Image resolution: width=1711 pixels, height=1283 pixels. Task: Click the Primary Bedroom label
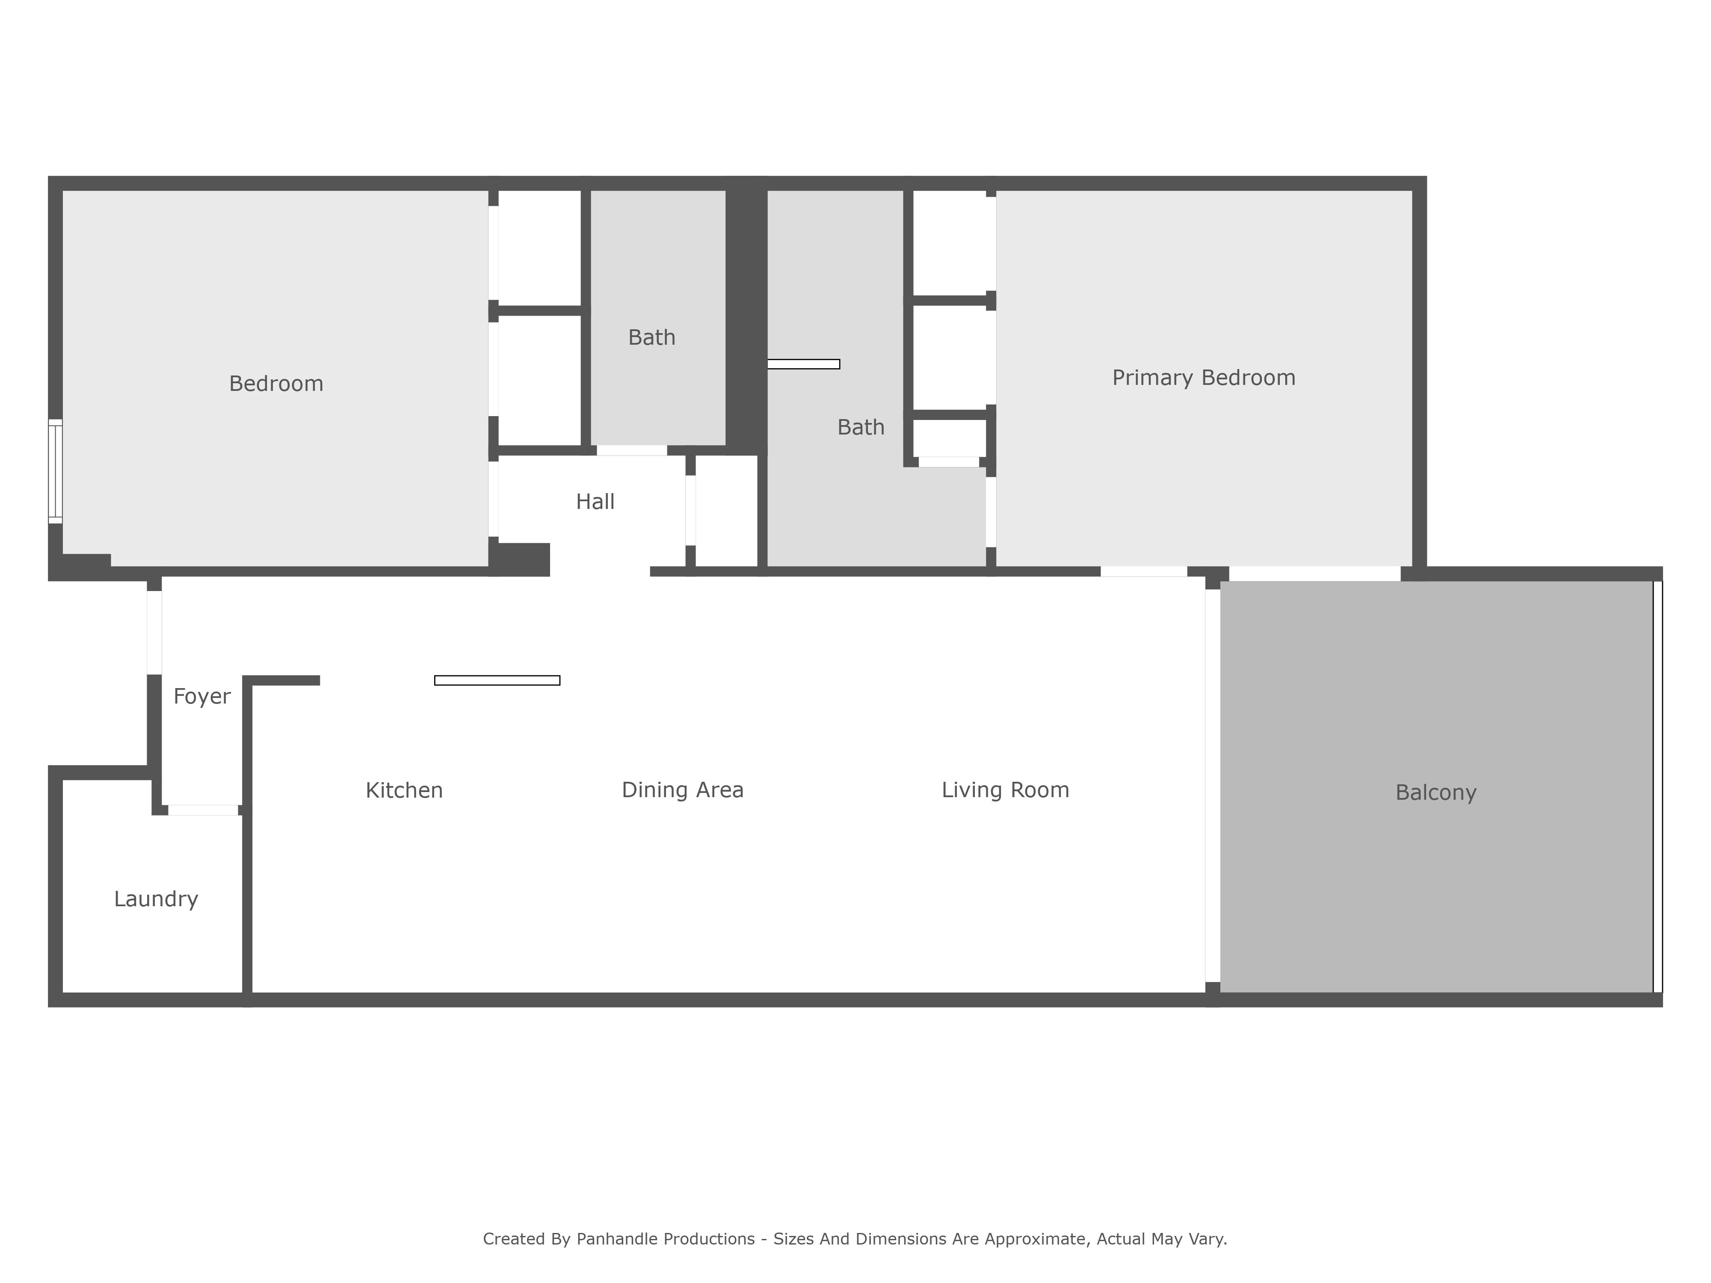1204,378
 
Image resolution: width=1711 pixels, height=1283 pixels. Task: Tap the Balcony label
1436,793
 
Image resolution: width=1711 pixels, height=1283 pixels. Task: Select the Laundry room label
156,899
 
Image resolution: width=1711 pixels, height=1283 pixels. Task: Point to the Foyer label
202,697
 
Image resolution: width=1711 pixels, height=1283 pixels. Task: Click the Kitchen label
404,790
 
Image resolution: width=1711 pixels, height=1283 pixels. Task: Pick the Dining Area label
682,790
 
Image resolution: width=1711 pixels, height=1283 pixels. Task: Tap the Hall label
595,502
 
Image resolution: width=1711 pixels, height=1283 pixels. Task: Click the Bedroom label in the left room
276,384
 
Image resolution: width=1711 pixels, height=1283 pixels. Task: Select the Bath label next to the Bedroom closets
651,338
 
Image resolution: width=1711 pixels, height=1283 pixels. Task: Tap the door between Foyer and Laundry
204,810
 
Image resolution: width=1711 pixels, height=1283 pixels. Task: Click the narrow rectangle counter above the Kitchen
497,680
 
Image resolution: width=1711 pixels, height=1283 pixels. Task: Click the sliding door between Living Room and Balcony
1213,786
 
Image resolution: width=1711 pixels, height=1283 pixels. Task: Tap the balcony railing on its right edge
1658,786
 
